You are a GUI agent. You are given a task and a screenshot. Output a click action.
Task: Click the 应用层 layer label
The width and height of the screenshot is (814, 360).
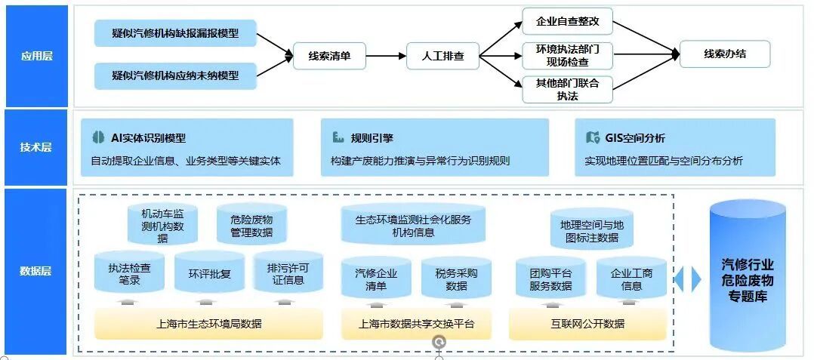pyautogui.click(x=35, y=56)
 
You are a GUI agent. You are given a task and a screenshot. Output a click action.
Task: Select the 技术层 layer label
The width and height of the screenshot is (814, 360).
pyautogui.click(x=35, y=147)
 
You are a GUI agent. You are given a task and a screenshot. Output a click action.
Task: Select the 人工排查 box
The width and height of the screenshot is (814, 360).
pyautogui.click(x=442, y=55)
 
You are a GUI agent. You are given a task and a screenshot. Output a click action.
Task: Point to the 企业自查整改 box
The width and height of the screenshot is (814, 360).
pyautogui.click(x=567, y=21)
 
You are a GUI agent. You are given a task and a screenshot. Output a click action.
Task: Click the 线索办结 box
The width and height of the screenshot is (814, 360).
pyautogui.click(x=725, y=54)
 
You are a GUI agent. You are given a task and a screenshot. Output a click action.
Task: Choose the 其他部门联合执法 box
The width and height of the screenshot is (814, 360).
pyautogui.click(x=567, y=89)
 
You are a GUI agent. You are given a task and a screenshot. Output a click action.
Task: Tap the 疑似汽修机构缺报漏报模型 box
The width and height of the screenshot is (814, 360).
pyautogui.click(x=175, y=33)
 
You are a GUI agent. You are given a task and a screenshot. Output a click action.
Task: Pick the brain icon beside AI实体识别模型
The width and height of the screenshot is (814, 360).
pyautogui.click(x=97, y=137)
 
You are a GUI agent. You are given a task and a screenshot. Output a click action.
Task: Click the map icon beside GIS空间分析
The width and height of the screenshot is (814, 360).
pyautogui.click(x=592, y=137)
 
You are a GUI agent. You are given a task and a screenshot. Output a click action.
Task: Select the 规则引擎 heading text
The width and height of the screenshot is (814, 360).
pyautogui.click(x=372, y=138)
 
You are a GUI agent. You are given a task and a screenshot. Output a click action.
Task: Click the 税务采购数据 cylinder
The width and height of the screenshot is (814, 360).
pyautogui.click(x=456, y=279)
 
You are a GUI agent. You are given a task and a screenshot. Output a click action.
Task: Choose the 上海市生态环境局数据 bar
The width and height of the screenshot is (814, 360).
pyautogui.click(x=209, y=325)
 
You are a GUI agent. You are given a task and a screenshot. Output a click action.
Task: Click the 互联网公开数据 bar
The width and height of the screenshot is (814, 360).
pyautogui.click(x=587, y=325)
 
